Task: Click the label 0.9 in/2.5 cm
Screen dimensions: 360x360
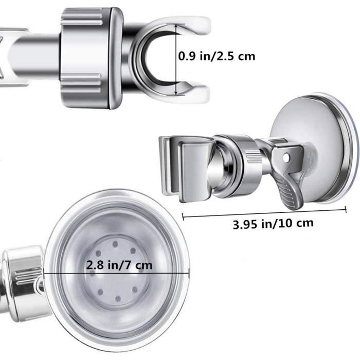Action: tap(217, 56)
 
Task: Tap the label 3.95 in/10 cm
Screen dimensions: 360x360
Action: tap(273, 224)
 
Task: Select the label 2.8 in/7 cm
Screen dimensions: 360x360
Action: tap(119, 265)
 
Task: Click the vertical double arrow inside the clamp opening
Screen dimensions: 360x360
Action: tap(176, 59)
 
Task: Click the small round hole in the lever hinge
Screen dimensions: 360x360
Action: tap(286, 157)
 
